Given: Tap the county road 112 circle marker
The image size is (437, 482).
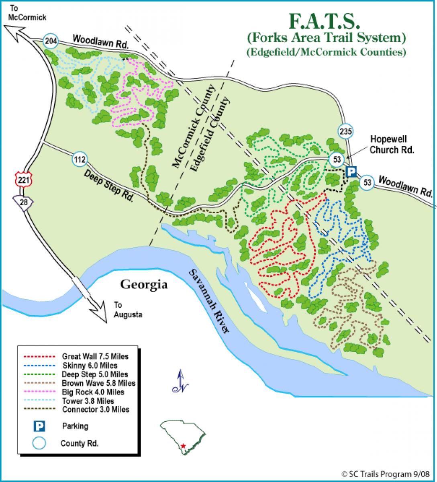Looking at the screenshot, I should coord(80,159).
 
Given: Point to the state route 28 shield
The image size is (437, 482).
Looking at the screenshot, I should coord(23,202).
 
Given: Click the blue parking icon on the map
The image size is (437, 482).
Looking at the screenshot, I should coord(351,172).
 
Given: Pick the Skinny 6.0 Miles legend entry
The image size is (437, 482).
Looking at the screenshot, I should coord(90,365).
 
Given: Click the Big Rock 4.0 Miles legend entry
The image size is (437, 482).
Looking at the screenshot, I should coord(93,392).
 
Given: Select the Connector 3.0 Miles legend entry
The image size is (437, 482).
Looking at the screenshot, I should coord(96,410).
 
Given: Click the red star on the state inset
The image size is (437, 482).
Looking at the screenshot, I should coord(183,446).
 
